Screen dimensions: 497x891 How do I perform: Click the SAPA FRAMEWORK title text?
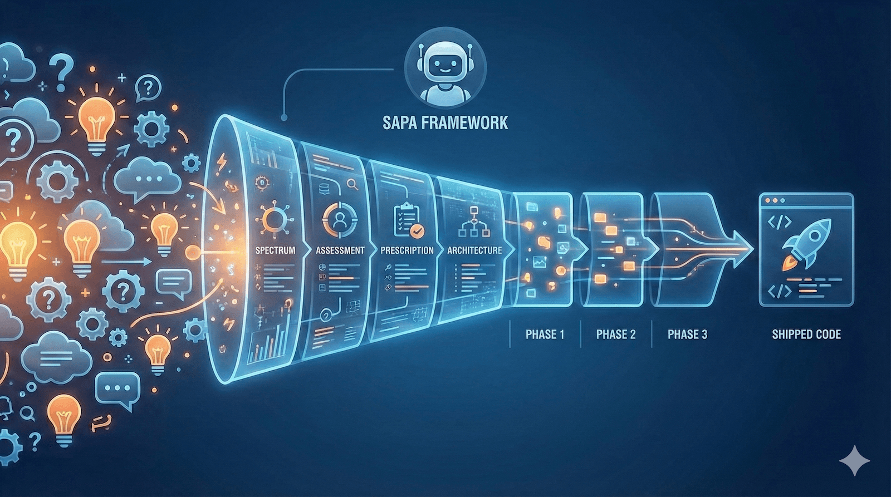445,122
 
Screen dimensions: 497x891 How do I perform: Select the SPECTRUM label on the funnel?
275,250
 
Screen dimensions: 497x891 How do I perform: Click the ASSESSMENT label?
340,250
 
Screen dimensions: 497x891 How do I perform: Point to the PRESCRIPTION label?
407,250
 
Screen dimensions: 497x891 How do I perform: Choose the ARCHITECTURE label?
474,250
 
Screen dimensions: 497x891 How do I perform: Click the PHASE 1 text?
545,334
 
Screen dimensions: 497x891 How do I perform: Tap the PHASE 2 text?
616,334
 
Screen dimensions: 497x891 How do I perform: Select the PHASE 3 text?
687,334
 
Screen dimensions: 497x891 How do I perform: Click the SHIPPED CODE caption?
806,334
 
